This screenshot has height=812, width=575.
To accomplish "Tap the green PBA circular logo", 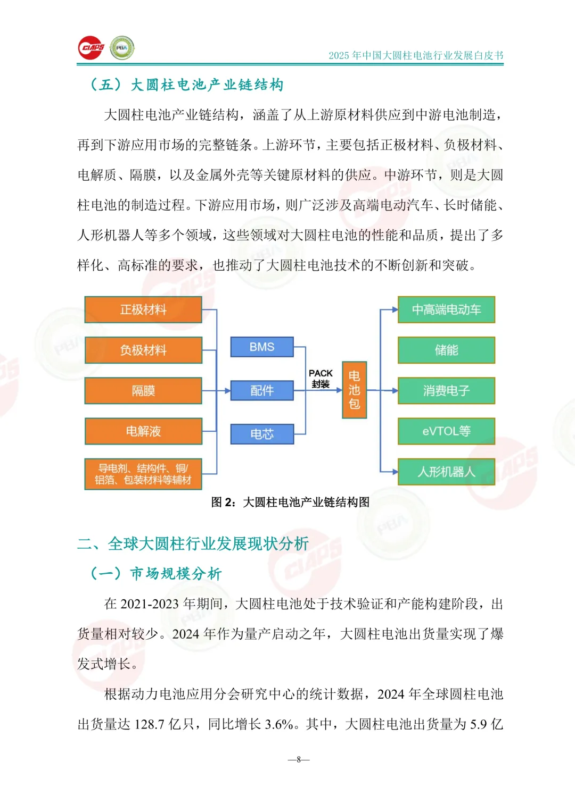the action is click(122, 48).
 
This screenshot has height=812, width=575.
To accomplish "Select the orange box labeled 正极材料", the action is click(143, 309).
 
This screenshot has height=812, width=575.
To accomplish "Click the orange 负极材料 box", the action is click(143, 350).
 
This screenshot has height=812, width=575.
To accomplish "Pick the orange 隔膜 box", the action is click(143, 391).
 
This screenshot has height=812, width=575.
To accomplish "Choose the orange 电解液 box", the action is click(143, 431).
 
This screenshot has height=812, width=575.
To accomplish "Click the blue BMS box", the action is click(262, 347).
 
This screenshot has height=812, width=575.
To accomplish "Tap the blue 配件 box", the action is click(262, 391).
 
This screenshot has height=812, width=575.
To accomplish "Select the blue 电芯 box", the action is click(262, 434).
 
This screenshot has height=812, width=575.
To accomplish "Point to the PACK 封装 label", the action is click(321, 379).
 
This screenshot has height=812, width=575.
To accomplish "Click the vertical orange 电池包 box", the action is click(354, 390).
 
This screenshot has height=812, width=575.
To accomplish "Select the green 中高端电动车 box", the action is click(446, 309).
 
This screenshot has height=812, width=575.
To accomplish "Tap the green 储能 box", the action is click(446, 350).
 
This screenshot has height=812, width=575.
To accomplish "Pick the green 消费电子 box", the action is click(446, 391).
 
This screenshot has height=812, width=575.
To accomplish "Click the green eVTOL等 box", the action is click(446, 431).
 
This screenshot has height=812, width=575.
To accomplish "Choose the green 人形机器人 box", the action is click(446, 472).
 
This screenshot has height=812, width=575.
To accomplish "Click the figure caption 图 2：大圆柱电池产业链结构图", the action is click(290, 503).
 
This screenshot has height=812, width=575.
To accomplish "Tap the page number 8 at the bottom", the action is click(299, 759).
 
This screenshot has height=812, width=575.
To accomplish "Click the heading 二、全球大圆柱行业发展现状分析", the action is click(193, 543).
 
